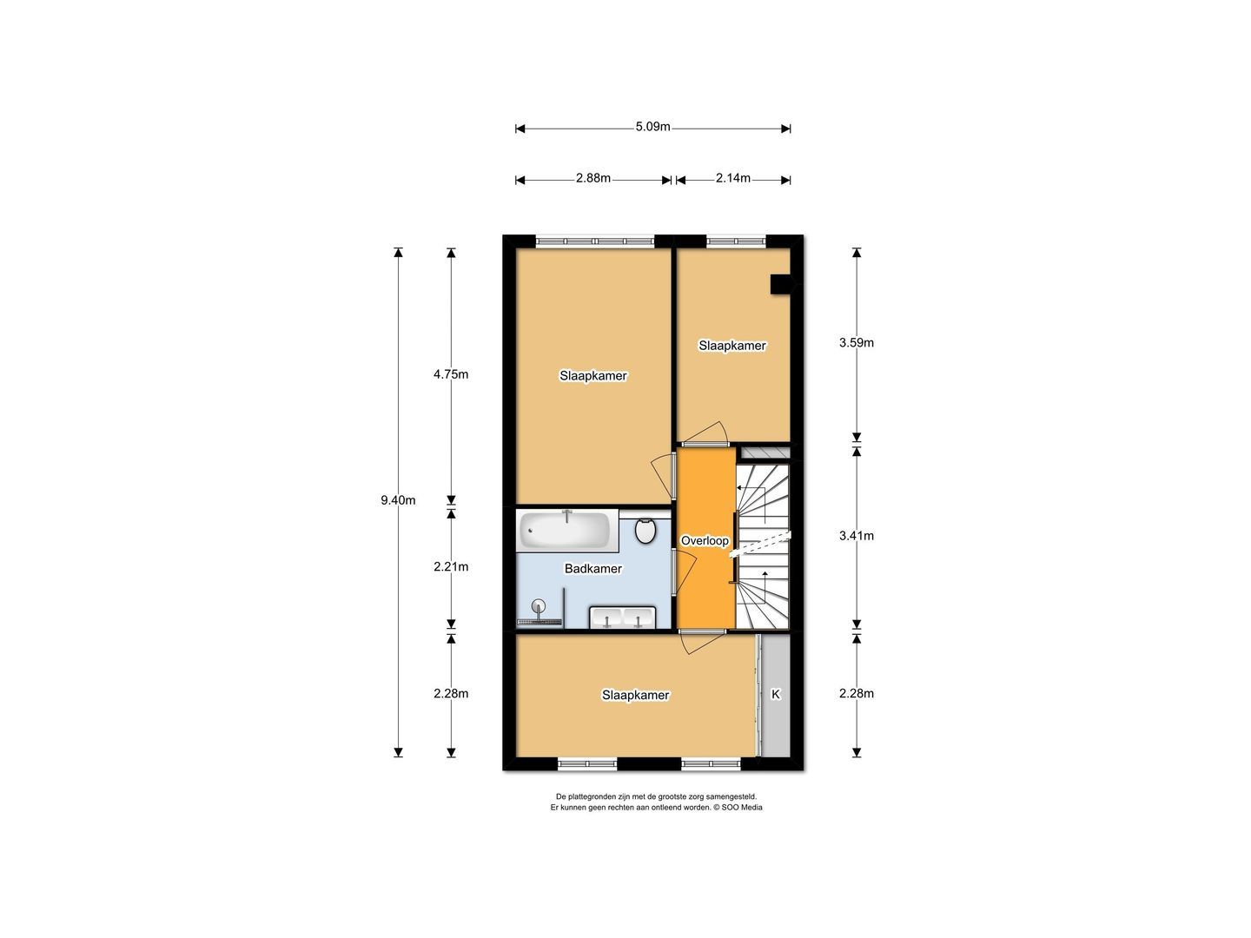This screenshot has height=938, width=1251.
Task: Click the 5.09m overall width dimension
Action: coord(652,127)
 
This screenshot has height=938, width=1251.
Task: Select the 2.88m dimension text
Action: coord(593,179)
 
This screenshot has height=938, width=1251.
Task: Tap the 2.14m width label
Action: coord(733,179)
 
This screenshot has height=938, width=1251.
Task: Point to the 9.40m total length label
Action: coord(398,500)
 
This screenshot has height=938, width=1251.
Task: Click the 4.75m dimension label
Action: coord(451,375)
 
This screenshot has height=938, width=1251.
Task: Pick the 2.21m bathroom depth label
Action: coord(451,567)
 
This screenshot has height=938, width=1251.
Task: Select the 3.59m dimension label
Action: coord(856,343)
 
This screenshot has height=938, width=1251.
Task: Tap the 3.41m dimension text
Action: coord(856,536)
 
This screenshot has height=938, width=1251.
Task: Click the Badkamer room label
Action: coord(593,569)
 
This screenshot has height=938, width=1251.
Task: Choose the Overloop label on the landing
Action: coord(705,541)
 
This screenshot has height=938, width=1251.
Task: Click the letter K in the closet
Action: coord(776,695)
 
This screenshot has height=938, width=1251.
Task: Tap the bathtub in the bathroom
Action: coord(566,531)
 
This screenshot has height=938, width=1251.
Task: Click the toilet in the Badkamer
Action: coord(645,530)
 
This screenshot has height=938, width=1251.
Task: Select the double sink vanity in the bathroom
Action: coord(623,618)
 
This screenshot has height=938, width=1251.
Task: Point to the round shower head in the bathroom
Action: coord(539,606)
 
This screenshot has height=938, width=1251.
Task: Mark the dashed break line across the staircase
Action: coord(762,543)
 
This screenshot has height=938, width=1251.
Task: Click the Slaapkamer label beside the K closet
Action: coord(636,696)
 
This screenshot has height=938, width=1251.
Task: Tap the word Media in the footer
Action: coord(751,808)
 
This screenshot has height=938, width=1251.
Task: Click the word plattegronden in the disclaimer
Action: coord(595,796)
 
